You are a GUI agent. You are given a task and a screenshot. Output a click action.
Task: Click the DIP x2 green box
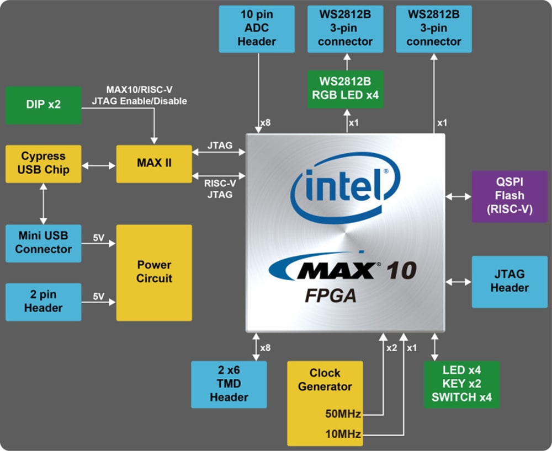(43, 105)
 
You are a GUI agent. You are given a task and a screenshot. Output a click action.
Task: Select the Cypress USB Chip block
(43, 163)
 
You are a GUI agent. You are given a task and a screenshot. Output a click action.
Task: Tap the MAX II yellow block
(153, 164)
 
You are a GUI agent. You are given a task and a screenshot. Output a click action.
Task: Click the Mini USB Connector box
(43, 243)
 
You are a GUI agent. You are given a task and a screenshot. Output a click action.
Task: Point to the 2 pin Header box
(43, 302)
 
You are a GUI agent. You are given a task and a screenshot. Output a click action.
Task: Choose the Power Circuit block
(153, 272)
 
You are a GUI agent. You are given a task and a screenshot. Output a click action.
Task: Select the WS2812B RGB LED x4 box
(344, 89)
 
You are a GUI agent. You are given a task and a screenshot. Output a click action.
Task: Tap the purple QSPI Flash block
(509, 196)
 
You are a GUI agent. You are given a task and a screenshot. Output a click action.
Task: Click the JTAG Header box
(509, 281)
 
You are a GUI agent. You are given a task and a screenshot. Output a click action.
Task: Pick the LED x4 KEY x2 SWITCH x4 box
(461, 384)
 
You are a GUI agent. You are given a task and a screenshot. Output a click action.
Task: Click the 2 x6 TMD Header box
(229, 384)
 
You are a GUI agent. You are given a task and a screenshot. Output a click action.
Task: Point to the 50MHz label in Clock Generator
(343, 414)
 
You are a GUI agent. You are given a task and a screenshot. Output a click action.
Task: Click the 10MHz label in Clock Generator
(343, 434)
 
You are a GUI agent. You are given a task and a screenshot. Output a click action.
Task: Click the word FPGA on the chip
(330, 296)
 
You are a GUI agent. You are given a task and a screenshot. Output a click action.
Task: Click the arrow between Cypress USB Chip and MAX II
(99, 164)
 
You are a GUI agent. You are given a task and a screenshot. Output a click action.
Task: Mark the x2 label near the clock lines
(391, 348)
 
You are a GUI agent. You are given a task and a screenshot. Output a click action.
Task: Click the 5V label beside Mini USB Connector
(98, 238)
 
